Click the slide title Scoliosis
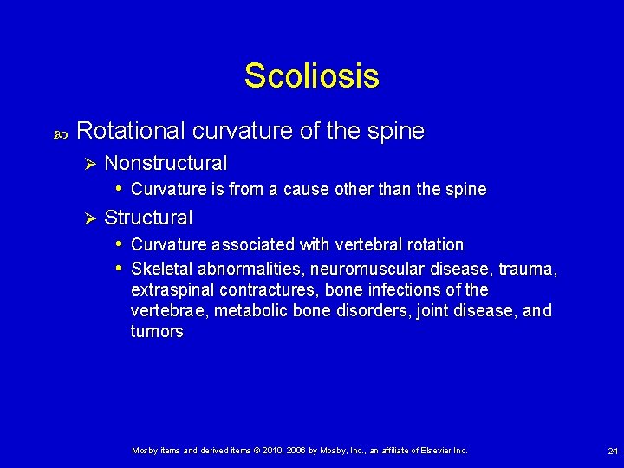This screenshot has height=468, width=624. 311,76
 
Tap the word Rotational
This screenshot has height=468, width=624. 131,131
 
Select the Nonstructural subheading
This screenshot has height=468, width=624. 166,163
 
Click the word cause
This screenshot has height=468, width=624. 301,190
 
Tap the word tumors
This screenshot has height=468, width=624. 157,331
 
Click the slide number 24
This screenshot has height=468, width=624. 613,452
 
